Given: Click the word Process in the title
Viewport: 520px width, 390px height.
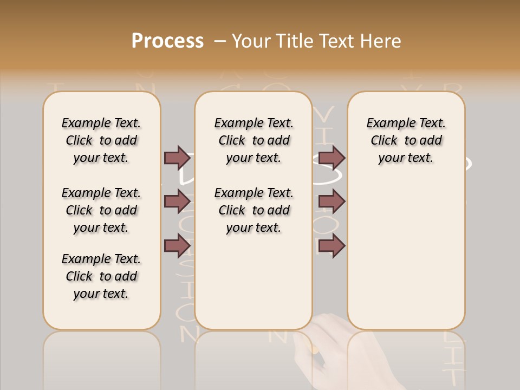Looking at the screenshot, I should (167, 41).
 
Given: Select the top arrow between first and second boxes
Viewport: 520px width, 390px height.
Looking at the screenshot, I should (177, 158).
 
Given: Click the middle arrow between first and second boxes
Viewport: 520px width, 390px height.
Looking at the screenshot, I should (177, 201).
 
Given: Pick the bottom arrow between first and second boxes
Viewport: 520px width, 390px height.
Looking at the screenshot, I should (177, 245).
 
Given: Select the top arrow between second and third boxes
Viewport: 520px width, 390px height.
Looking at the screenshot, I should (331, 158).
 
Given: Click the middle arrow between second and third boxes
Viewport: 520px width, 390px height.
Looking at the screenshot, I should (331, 201).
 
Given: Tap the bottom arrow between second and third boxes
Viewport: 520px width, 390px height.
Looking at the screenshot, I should (331, 245).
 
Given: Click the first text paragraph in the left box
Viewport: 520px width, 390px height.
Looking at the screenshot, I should (101, 140).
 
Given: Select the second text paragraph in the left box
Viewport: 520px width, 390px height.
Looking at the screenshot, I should (101, 210).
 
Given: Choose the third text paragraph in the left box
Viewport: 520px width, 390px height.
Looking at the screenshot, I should (101, 276).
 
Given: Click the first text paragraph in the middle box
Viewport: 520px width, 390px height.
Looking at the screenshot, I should (253, 140).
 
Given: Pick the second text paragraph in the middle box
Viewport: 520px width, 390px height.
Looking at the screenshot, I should (253, 210).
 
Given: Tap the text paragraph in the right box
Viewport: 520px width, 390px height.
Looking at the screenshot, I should (406, 140).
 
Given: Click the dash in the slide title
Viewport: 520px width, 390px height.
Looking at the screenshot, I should (220, 41).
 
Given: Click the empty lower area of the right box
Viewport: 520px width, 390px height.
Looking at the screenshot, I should (406, 260).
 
